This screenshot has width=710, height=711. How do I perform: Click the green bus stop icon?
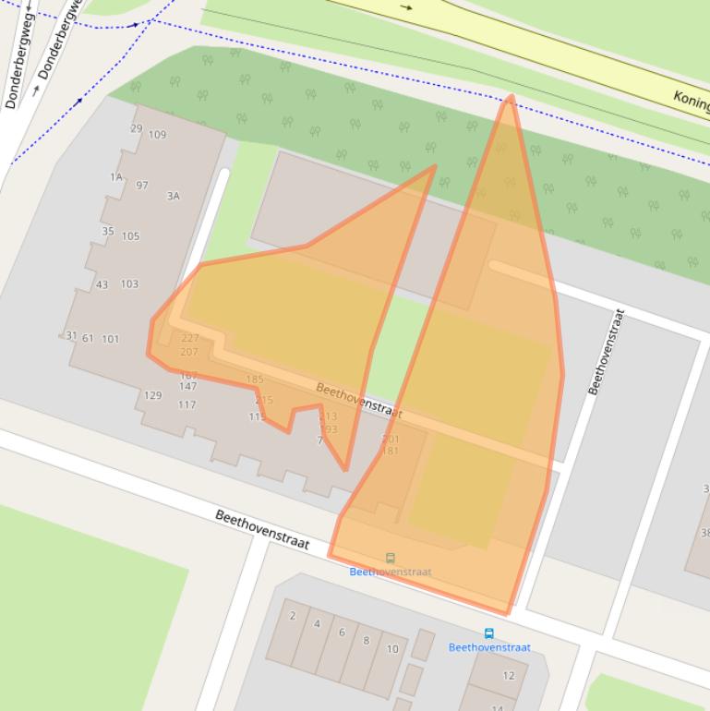point(391,558)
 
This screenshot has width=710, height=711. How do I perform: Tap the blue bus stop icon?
point(488,633)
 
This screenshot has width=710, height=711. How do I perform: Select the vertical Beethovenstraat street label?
point(606,352)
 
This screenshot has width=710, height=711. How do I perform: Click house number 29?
point(137,128)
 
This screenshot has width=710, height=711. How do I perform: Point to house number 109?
point(157,135)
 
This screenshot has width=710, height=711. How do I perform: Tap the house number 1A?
point(116,176)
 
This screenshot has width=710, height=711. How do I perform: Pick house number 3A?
point(173,196)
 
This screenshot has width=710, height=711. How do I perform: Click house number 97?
point(141,185)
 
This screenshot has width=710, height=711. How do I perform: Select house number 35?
point(108,232)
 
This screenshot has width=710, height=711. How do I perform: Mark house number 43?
point(102,284)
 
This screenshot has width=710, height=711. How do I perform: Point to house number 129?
point(152,395)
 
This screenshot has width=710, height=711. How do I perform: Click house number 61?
point(88,338)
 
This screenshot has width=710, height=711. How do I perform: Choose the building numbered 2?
point(293,616)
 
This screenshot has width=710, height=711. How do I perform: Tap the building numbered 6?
point(342,633)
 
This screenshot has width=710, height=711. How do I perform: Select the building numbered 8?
point(366,641)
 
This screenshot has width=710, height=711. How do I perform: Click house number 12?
point(509,675)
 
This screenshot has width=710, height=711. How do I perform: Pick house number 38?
point(705,533)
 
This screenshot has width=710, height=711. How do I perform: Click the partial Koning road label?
point(691,99)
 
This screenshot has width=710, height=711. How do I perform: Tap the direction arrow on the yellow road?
point(407,7)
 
